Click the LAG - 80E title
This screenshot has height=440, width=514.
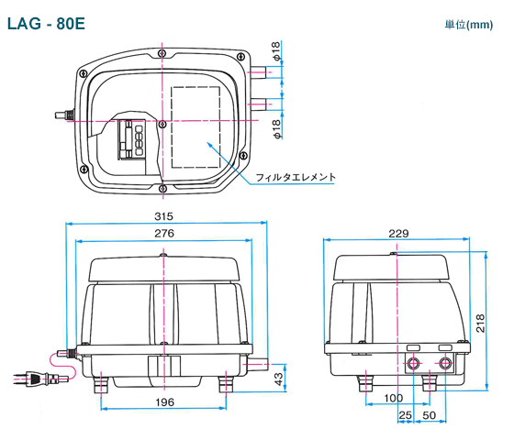(x=46, y=24)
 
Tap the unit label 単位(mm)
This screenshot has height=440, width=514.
(x=468, y=25)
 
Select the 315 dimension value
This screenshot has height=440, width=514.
(x=163, y=216)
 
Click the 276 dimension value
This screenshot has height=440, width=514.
(x=164, y=234)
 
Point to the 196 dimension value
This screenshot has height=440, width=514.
(x=164, y=402)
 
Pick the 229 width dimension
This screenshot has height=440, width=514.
(x=398, y=234)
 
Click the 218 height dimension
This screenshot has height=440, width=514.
(x=480, y=323)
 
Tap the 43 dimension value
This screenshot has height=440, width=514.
(x=278, y=379)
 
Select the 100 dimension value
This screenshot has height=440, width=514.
(x=393, y=398)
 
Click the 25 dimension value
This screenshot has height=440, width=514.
(x=405, y=415)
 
